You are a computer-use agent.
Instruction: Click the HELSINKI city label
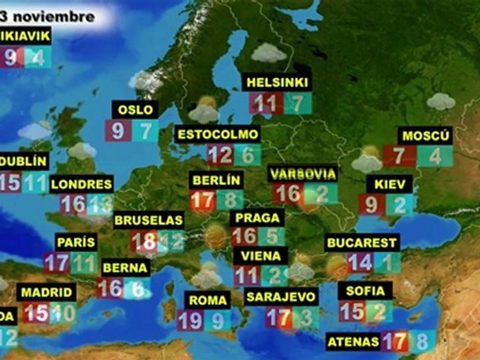click(276, 83)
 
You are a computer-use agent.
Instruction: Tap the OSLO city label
click(135, 109)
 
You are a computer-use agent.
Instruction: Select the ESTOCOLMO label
click(218, 134)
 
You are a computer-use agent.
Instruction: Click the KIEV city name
click(389, 183)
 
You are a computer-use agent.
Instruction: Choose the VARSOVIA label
click(302, 174)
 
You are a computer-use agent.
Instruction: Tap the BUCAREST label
click(362, 243)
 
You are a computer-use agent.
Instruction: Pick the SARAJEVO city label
click(281, 296)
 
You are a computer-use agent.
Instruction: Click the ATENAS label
click(353, 342)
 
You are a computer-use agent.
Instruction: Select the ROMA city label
click(207, 300)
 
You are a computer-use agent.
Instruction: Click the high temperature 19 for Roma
click(190, 320)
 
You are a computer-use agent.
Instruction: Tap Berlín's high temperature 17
click(202, 200)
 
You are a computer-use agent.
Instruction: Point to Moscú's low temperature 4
click(435, 156)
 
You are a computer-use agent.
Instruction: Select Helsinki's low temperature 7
click(298, 103)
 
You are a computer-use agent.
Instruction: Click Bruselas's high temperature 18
click(143, 241)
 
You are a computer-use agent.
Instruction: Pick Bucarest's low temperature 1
click(387, 263)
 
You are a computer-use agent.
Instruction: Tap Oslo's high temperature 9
click(118, 130)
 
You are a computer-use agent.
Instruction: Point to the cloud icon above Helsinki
click(268, 53)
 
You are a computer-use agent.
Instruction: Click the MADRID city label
click(46, 292)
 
